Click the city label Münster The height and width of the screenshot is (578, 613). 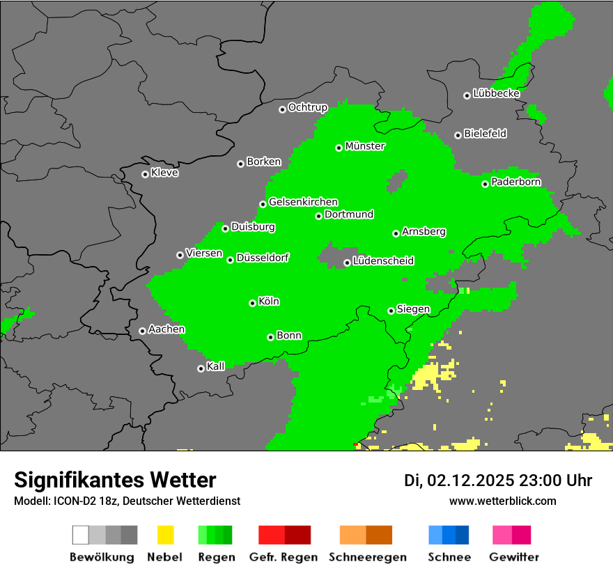tap(365, 146)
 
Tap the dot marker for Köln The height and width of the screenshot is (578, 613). tap(252, 303)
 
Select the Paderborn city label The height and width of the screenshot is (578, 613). tap(515, 182)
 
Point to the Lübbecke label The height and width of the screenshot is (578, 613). tap(496, 93)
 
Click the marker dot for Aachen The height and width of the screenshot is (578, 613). tap(142, 331)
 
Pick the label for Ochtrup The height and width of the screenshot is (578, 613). tap(307, 108)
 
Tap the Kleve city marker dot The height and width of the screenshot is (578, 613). tap(145, 174)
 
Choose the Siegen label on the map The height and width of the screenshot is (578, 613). tap(413, 309)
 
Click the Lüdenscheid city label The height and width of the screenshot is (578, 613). tap(383, 261)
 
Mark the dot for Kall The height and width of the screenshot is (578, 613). tap(201, 368)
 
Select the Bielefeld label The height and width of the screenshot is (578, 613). tap(485, 134)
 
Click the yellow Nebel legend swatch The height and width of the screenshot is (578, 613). tap(165, 535)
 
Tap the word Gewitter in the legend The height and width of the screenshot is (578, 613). tap(514, 557)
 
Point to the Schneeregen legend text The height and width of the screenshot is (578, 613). tap(367, 557)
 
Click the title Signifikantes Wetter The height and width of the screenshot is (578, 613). tap(115, 480)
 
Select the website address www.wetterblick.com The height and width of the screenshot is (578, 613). tap(502, 501)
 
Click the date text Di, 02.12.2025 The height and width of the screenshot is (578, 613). tap(459, 481)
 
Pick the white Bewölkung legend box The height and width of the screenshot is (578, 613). tap(81, 535)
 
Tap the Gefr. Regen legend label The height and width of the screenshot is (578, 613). tap(284, 557)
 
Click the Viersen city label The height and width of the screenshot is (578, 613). tap(203, 253)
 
